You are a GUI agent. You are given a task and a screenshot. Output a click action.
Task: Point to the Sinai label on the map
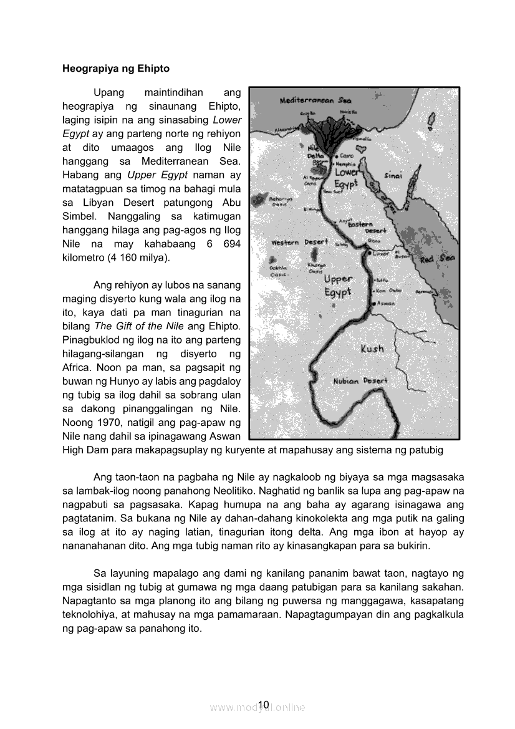click(x=393, y=175)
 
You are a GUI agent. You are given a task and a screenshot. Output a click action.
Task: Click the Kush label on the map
click(x=372, y=349)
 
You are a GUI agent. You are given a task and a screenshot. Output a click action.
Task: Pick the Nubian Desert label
click(x=360, y=380)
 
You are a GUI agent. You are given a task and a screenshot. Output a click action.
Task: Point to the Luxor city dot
click(x=369, y=253)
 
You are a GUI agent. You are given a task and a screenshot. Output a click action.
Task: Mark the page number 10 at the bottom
click(x=263, y=705)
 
